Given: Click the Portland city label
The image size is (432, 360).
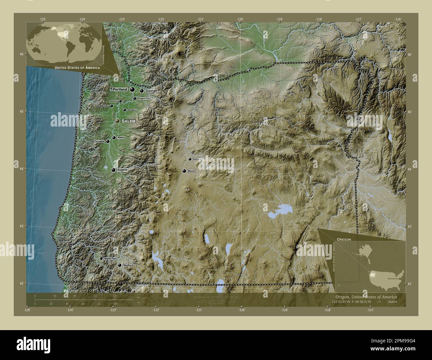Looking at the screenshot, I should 120,90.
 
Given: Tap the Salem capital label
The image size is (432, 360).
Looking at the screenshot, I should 128,122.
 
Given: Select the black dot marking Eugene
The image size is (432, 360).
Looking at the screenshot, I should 114,170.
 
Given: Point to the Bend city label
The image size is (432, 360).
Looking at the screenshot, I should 191,171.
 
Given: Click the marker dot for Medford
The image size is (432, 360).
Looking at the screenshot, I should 120,265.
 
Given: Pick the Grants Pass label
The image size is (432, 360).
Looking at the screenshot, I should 110,258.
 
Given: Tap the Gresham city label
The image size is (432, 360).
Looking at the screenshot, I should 151,91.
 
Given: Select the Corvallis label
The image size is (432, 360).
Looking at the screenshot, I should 99,141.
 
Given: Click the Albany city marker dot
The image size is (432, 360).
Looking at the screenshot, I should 114,137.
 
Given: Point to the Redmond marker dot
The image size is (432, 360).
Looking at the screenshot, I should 190,159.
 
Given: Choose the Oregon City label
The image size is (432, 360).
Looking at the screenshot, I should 144,99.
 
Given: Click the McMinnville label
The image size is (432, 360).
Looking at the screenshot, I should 103,106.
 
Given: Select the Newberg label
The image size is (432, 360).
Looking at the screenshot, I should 113,101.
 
